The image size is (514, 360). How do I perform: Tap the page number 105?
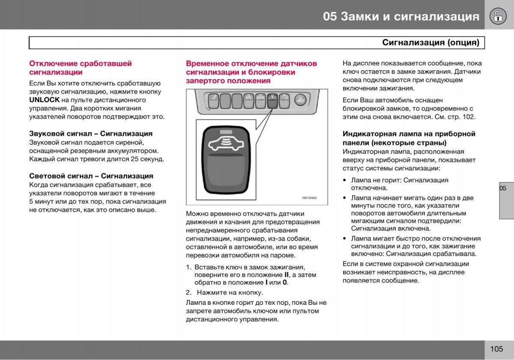tap(497, 349)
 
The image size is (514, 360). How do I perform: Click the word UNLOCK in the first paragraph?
tap(44, 100)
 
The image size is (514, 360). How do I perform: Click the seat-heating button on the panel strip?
tap(213, 101)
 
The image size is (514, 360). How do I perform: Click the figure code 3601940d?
tap(309, 198)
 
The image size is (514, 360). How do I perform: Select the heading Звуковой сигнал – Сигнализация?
tap(91, 134)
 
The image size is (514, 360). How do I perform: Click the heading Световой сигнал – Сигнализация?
tap(91, 176)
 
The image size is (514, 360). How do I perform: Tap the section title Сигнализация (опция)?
tap(430, 43)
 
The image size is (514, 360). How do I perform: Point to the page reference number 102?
tap(469, 117)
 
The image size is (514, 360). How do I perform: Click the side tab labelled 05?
tap(503, 188)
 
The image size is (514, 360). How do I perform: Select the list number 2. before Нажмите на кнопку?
tap(188, 293)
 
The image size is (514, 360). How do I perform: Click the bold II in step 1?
tap(287, 274)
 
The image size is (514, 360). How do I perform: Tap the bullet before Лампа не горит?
tap(344, 180)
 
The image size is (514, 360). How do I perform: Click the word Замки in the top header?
tap(359, 16)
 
